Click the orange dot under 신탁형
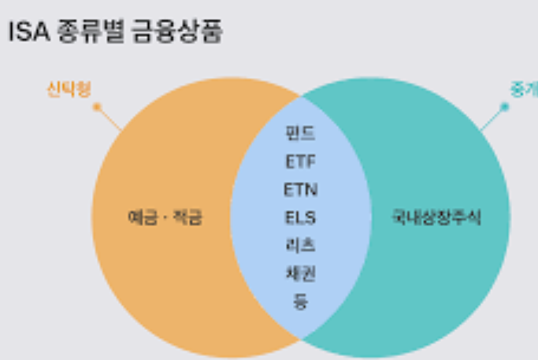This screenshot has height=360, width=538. (97, 106)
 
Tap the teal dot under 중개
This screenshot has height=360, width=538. (505, 106)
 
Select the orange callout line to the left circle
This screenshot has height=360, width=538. (109, 118)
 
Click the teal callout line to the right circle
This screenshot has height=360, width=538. (492, 119)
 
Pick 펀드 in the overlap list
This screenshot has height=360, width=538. (300, 133)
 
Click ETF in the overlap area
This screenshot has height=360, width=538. (300, 161)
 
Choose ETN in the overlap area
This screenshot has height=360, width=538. (300, 189)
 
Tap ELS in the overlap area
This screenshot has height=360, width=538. (300, 217)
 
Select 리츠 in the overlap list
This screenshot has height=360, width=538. (300, 245)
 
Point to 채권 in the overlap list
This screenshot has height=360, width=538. (300, 273)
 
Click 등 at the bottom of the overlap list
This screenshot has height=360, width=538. (300, 301)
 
